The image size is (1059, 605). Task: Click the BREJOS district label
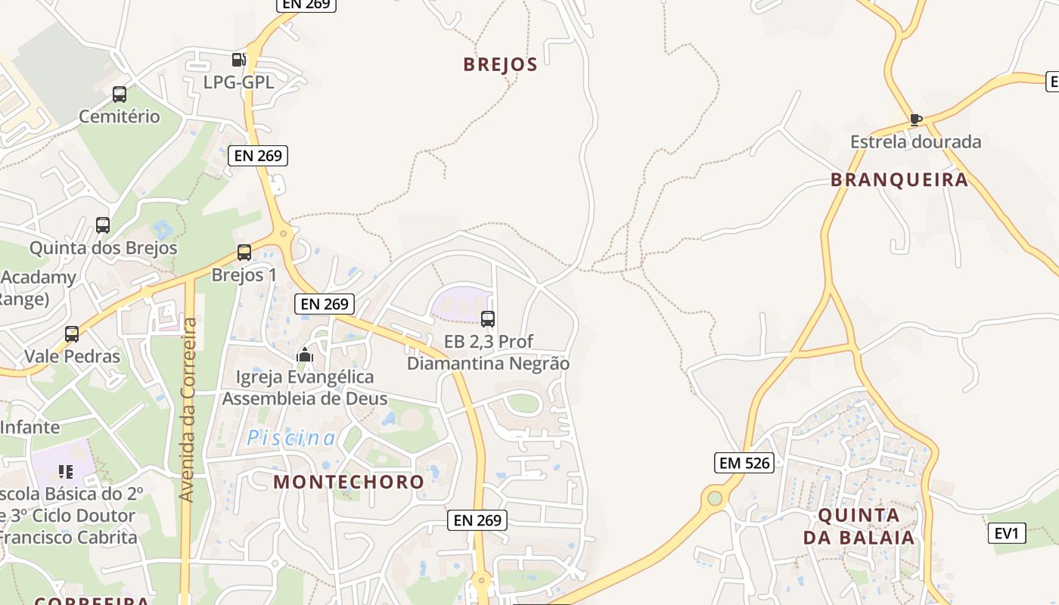pyautogui.click(x=500, y=64)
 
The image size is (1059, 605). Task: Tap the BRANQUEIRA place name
pyautogui.click(x=899, y=179)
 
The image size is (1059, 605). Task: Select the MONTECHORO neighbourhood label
pyautogui.click(x=349, y=481)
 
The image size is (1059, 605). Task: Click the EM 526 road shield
pyautogui.click(x=745, y=462)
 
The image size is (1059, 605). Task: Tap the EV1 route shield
pyautogui.click(x=1007, y=533)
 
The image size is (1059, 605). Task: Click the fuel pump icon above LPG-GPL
pyautogui.click(x=238, y=60)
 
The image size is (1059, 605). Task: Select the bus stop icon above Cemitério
pyautogui.click(x=120, y=95)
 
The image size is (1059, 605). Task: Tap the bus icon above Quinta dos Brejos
pyautogui.click(x=103, y=225)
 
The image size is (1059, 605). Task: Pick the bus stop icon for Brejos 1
pyautogui.click(x=244, y=253)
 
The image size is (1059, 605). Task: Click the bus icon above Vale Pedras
pyautogui.click(x=72, y=334)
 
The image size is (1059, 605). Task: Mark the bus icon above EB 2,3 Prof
pyautogui.click(x=488, y=318)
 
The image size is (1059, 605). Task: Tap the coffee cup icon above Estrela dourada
pyautogui.click(x=915, y=119)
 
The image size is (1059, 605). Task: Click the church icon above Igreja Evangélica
pyautogui.click(x=305, y=354)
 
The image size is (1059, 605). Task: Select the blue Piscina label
pyautogui.click(x=291, y=437)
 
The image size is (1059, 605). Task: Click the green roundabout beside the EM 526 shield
pyautogui.click(x=714, y=498)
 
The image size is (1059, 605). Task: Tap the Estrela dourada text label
pyautogui.click(x=915, y=141)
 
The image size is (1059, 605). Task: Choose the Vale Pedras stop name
pyautogui.click(x=72, y=355)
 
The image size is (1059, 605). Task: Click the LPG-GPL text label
pyautogui.click(x=238, y=82)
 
